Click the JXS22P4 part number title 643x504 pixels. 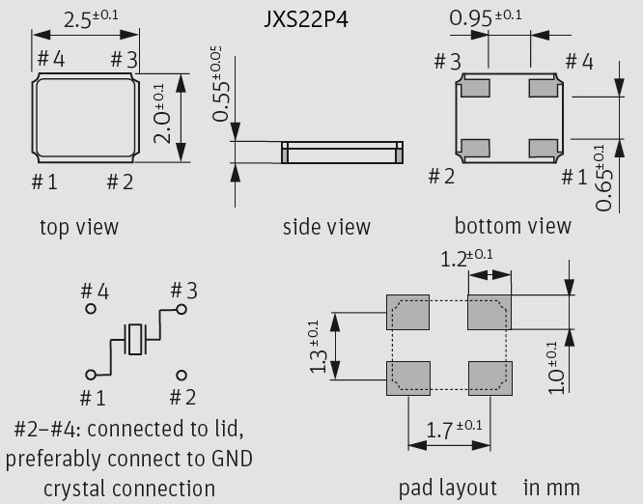pos(306,19)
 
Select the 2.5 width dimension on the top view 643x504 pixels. pos(91,19)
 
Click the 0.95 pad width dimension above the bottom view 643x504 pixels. pos(485,18)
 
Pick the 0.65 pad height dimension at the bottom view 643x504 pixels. pos(603,178)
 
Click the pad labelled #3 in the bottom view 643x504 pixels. pos(475,88)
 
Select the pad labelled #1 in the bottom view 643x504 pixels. pos(543,148)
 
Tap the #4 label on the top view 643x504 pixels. pos(51,59)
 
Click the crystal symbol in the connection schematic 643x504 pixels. pos(134,339)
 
